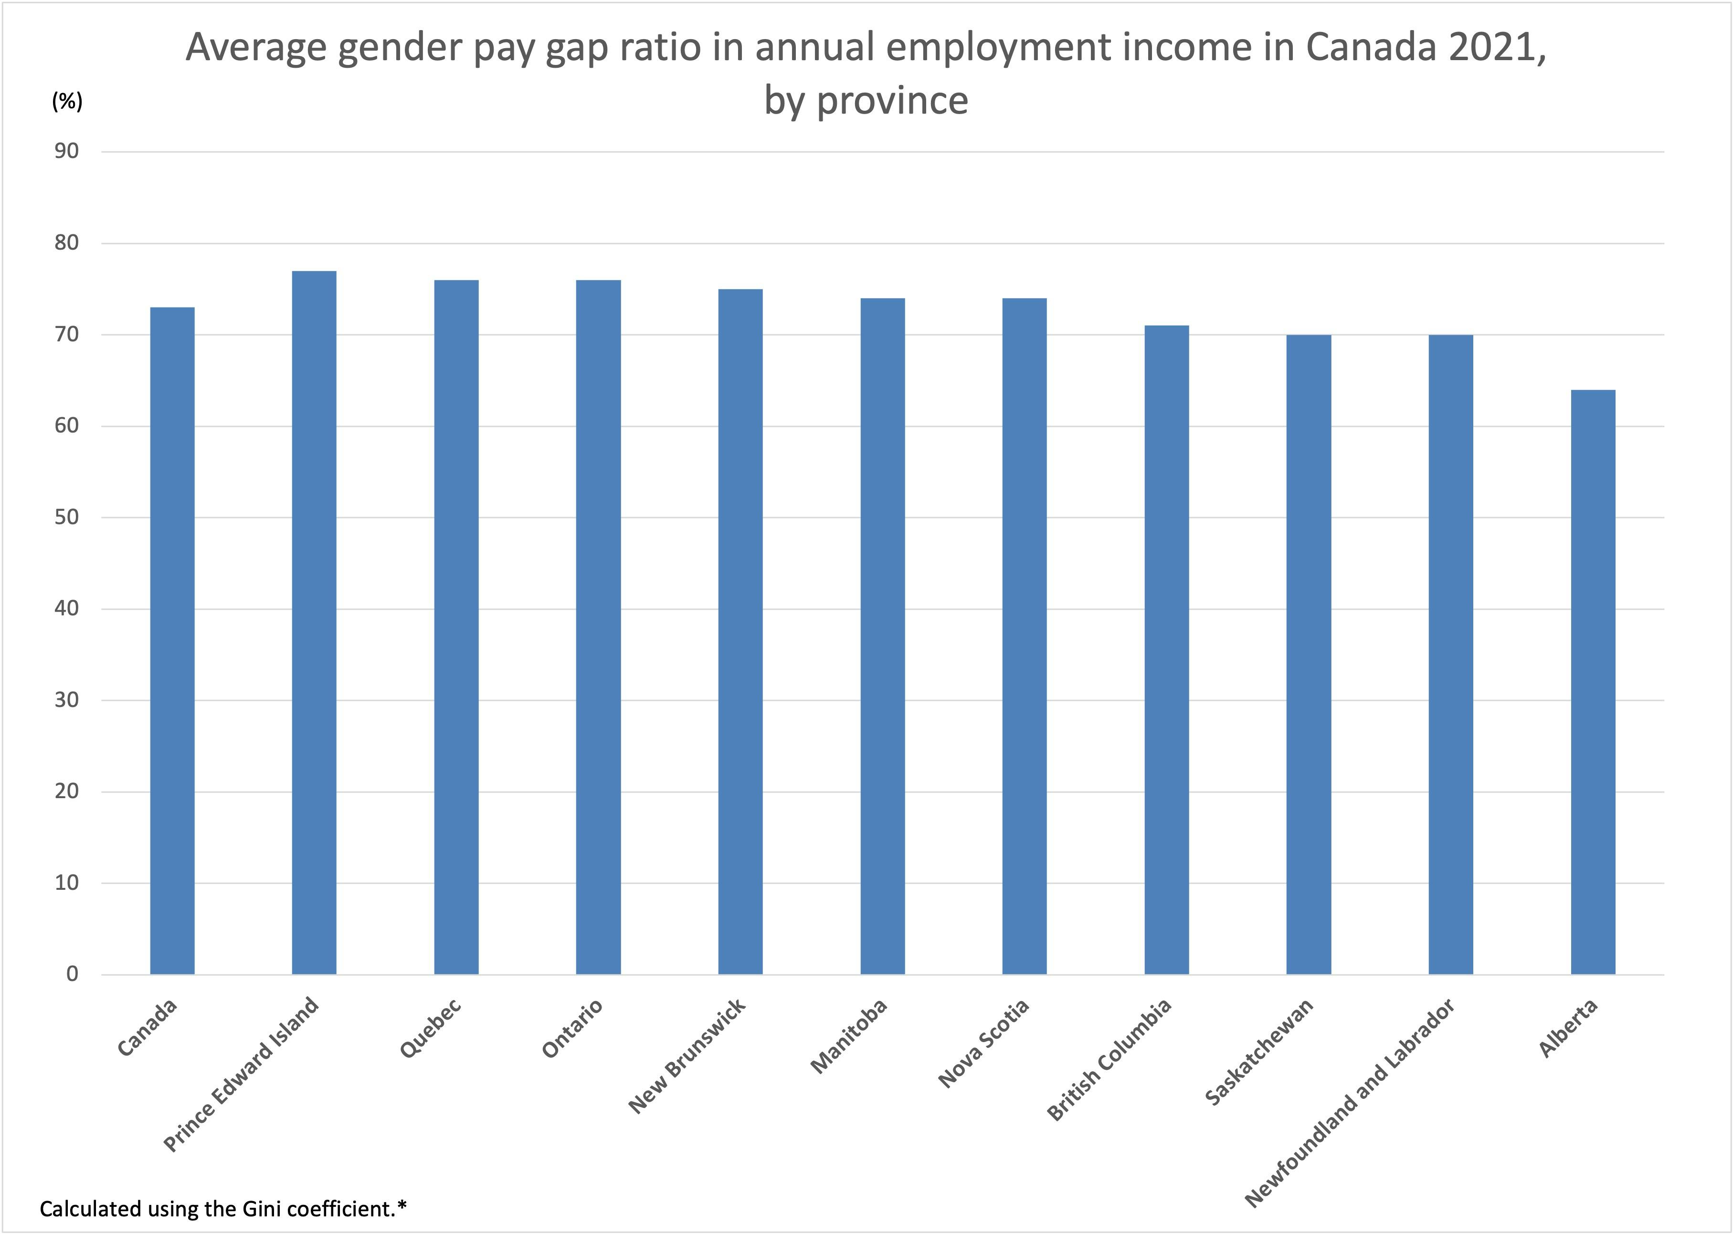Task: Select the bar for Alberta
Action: [x=1593, y=682]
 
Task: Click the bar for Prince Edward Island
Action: [x=314, y=622]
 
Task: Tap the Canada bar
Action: [x=172, y=641]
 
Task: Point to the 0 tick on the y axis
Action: [x=72, y=974]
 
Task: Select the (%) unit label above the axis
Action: [x=67, y=101]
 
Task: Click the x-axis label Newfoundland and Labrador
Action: [x=1350, y=1103]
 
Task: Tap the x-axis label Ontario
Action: [x=572, y=1028]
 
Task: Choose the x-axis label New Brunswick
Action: [x=687, y=1056]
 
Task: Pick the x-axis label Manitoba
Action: [x=849, y=1036]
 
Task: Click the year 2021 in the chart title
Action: [x=1492, y=47]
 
